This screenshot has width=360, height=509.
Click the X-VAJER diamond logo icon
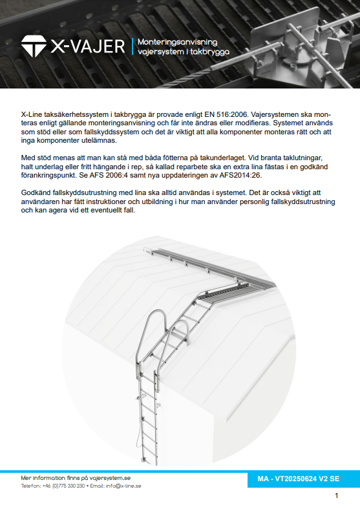34,47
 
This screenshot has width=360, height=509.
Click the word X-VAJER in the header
88,47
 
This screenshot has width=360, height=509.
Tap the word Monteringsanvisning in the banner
177,42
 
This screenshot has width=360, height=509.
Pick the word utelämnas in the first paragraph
100,141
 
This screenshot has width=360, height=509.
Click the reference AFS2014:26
240,175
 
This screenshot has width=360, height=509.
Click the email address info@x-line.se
123,486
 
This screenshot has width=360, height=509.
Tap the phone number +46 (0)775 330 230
63,486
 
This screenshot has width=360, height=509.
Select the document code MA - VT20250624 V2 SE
298,479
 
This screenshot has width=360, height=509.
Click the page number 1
337,495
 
